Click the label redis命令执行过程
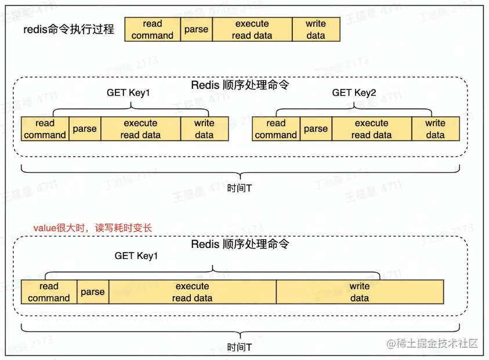[70, 30]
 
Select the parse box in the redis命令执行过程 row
[196, 30]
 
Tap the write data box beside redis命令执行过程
[316, 30]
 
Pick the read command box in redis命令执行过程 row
[153, 30]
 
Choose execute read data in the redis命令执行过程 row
[252, 30]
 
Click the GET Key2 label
[354, 93]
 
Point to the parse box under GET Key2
[316, 129]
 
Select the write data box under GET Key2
[435, 129]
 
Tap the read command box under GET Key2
[276, 129]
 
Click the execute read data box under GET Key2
[371, 129]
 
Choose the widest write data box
[360, 292]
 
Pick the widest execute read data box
[192, 292]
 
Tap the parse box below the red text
[93, 292]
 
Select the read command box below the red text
[49, 292]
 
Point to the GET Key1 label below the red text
[136, 256]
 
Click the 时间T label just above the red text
[240, 189]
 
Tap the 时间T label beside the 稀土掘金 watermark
[240, 348]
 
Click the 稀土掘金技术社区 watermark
[433, 343]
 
